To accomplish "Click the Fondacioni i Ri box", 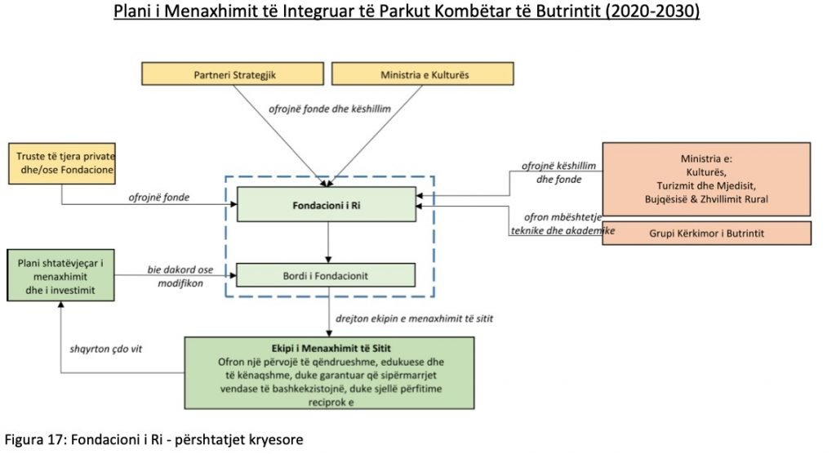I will (x=327, y=204).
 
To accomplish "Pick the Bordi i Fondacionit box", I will (x=327, y=276).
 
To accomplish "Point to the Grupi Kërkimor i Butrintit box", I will (x=707, y=233).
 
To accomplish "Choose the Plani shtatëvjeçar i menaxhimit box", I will (x=60, y=276).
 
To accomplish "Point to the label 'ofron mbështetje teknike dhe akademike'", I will (x=561, y=224).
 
